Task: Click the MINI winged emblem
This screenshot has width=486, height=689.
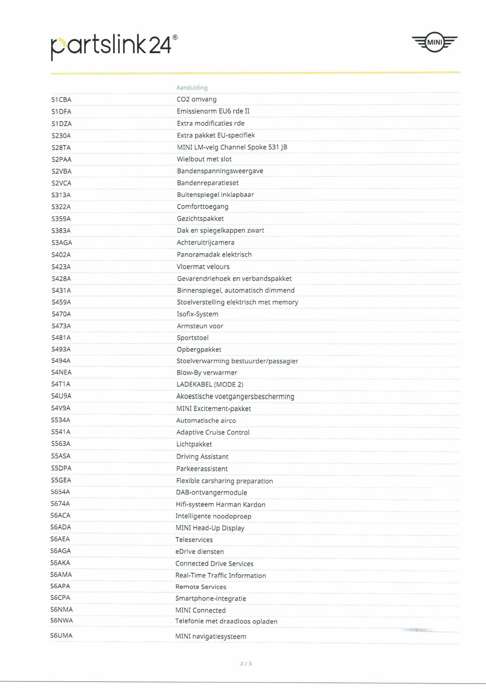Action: [434, 42]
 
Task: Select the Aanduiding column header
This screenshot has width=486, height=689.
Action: [192, 88]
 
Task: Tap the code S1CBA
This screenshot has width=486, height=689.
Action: [61, 100]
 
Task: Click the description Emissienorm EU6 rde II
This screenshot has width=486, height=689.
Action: [213, 111]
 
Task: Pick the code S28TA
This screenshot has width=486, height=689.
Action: [61, 148]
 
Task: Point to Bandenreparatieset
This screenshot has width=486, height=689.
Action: [208, 183]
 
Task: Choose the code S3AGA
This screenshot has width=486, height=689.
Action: [62, 242]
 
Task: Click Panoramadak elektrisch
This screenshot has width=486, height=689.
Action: [214, 254]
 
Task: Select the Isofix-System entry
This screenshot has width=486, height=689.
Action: [197, 314]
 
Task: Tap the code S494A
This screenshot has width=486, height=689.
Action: [61, 361]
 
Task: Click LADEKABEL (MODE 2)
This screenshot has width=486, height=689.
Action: [210, 384]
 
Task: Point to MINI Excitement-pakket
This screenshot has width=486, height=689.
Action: [213, 409]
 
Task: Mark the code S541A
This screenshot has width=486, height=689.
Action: [61, 432]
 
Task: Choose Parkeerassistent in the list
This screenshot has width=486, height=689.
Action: [202, 469]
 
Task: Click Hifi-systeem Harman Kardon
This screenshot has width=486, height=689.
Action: [220, 504]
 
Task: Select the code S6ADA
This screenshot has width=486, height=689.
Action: [60, 527]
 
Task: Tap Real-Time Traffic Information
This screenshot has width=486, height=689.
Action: [220, 575]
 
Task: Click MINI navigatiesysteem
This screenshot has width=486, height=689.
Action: [211, 636]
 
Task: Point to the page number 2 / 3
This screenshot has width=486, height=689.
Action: [246, 664]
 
